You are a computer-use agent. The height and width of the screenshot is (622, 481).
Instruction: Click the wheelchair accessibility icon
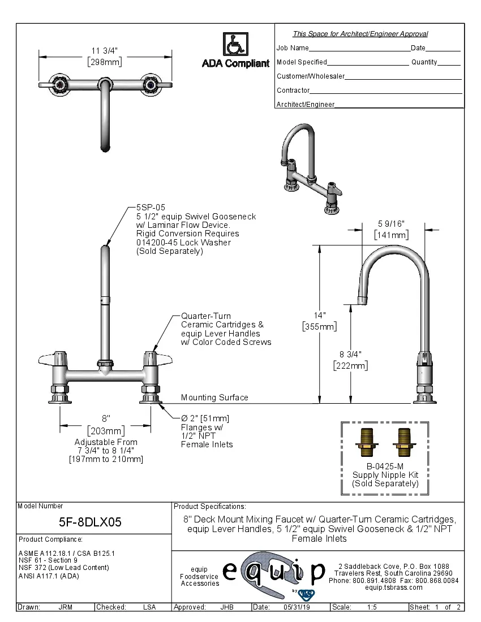[234, 44]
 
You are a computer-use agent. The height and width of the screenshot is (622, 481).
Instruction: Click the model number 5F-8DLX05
[91, 522]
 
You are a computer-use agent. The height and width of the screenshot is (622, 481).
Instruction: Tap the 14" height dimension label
[320, 316]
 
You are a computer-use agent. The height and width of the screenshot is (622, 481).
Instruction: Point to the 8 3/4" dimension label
[350, 355]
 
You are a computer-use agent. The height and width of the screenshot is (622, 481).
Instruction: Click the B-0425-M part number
[385, 466]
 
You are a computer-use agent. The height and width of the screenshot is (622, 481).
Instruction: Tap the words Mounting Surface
[214, 398]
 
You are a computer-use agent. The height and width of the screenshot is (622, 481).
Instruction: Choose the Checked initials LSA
[149, 607]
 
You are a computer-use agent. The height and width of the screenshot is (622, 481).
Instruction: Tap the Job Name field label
[293, 48]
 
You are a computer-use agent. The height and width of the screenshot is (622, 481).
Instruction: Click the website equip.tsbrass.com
[394, 588]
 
